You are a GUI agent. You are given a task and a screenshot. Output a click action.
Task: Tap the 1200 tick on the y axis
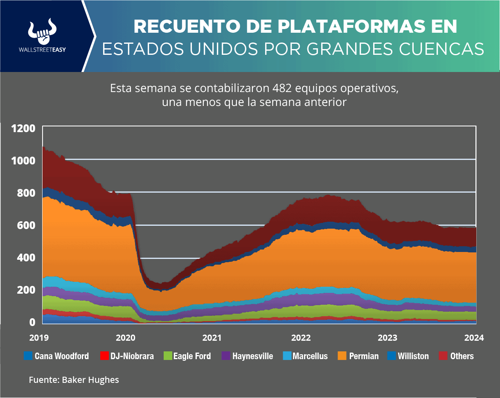[x=24, y=128]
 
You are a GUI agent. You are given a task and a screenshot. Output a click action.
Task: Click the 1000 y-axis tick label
[x=24, y=160]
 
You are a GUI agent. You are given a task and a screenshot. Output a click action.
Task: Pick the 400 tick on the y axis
[x=27, y=258]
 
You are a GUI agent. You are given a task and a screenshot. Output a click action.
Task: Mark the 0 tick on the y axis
[x=33, y=322]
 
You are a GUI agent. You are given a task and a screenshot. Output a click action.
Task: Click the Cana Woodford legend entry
[x=56, y=356]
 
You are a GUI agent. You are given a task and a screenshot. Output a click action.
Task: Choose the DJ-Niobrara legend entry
[x=127, y=356]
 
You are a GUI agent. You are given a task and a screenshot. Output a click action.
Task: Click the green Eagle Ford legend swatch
[x=167, y=356]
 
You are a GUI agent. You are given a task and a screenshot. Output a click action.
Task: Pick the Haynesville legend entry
[x=248, y=356]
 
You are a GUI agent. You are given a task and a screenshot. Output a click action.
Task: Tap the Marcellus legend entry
[x=305, y=356]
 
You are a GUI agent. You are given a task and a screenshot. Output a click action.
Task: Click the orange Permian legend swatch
[x=342, y=356]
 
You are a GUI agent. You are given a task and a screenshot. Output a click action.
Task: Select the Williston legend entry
[x=408, y=356]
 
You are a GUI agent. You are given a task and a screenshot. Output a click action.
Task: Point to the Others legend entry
[x=457, y=356]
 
